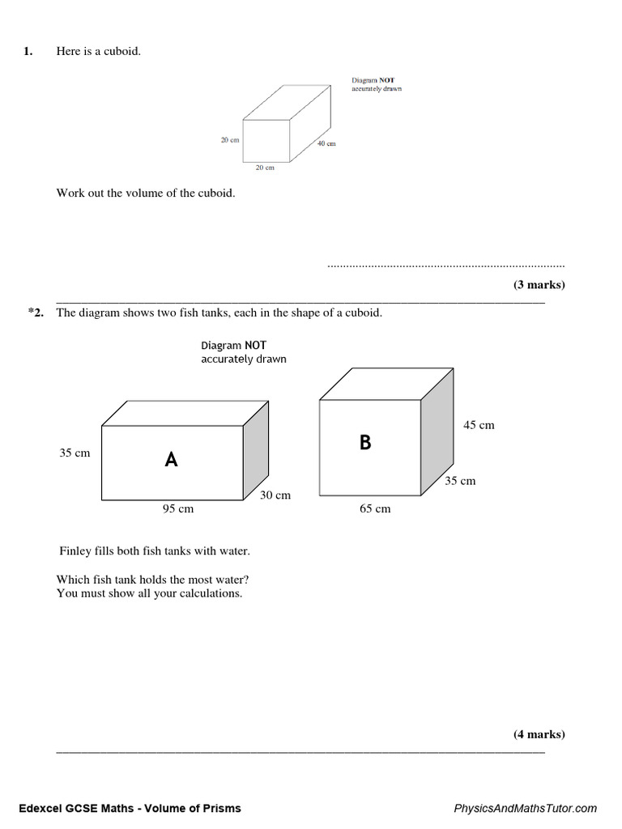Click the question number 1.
[28, 52]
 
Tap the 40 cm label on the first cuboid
[326, 143]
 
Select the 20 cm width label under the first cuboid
[265, 168]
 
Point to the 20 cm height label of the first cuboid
[230, 140]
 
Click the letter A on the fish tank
[171, 460]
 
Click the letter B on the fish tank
[365, 442]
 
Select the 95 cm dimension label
[178, 509]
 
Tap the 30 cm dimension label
[275, 495]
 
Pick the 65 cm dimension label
[375, 509]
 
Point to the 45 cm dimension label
[479, 425]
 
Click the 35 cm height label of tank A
[75, 453]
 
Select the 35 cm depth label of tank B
[460, 481]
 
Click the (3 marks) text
[539, 285]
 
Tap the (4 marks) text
[539, 734]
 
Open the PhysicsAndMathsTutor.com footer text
[525, 808]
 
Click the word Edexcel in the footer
[38, 808]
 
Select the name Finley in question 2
[77, 551]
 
